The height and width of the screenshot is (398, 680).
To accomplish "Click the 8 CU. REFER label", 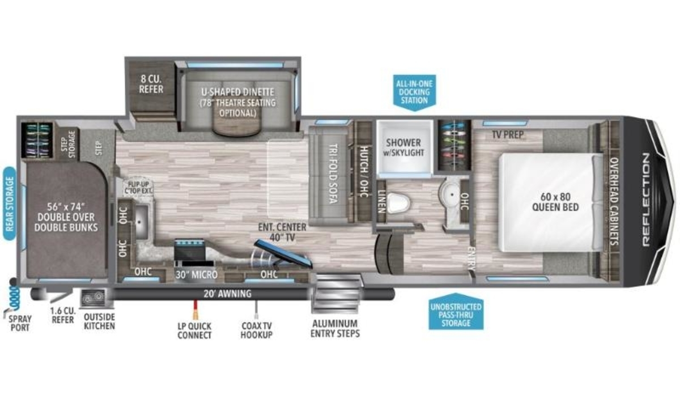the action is (151, 84).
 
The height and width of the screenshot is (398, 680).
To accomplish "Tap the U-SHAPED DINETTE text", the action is (237, 92).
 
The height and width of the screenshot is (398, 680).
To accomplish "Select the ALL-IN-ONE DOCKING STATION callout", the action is (414, 92).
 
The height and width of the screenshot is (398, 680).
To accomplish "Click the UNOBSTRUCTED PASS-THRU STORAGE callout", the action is (456, 311).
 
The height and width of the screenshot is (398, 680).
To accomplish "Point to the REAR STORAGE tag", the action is (10, 204).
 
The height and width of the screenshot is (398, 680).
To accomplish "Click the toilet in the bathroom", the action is (398, 202).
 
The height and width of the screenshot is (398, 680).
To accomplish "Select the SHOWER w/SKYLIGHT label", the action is (403, 147).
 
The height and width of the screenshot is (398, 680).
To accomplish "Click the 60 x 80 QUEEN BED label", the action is (555, 202).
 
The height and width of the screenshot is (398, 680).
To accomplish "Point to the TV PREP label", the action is (508, 134).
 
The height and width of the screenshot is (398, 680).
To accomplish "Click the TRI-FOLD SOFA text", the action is (334, 173).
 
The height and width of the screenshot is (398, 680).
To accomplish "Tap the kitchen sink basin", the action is (141, 222).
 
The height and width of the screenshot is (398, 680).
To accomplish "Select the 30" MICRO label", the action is (197, 274).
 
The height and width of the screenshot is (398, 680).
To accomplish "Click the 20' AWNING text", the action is (227, 294).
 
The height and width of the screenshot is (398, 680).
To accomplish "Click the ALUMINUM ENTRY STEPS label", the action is (335, 328).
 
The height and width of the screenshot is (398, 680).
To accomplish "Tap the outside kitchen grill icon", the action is (93, 298).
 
